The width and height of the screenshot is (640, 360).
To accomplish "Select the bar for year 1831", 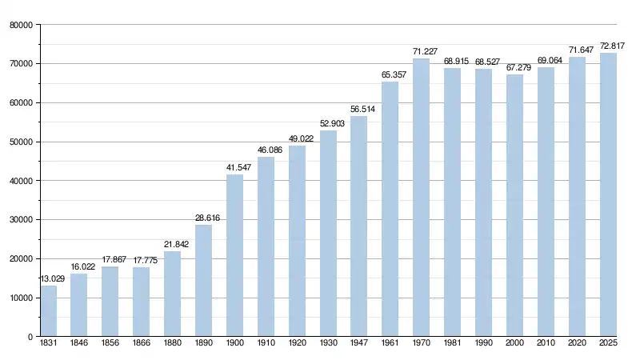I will click(x=49, y=311).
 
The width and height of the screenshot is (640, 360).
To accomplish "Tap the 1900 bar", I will click(x=234, y=255).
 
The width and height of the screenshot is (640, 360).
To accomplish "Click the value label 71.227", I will click(x=421, y=52).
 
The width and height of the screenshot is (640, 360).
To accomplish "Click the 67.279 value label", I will click(x=514, y=68).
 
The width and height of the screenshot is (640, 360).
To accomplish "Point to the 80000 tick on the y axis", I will click(x=20, y=25).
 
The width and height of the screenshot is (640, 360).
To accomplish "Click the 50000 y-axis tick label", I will click(x=20, y=142).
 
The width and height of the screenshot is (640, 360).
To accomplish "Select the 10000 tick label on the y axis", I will click(x=20, y=298).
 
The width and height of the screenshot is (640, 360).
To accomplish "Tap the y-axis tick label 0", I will click(x=29, y=337).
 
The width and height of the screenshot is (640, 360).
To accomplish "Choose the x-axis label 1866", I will click(x=142, y=343).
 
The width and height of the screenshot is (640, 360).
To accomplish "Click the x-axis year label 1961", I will click(x=390, y=343).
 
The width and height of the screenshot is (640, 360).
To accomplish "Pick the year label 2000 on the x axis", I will click(x=514, y=343).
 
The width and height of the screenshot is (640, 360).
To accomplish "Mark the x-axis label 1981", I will click(x=452, y=343).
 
